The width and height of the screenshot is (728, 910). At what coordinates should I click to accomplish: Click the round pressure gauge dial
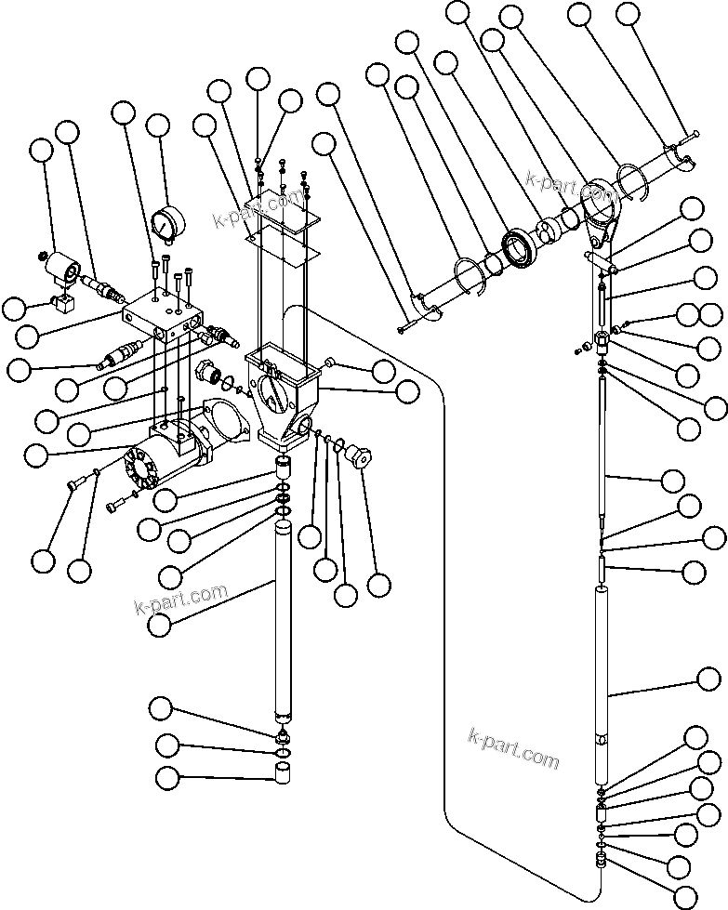click(165, 222)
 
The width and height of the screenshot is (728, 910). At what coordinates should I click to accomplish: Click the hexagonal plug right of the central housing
click(357, 456)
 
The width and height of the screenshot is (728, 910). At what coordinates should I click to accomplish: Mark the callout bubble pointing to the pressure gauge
click(159, 126)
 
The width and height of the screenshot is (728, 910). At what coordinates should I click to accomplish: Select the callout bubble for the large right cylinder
click(709, 678)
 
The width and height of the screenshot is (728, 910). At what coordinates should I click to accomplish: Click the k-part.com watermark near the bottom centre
click(513, 749)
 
